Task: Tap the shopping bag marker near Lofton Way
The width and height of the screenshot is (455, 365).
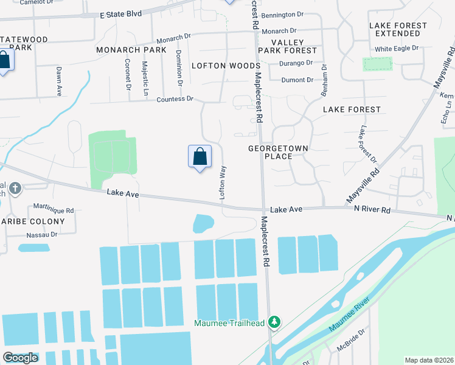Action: pos(200,157)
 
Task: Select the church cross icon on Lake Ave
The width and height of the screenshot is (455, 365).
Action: pos(15,189)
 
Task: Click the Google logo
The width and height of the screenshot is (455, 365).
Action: pos(20,358)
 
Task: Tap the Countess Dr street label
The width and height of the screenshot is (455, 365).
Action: pos(175,99)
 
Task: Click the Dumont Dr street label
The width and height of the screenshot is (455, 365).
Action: pos(297,80)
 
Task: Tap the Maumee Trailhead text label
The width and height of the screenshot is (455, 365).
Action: pos(229,323)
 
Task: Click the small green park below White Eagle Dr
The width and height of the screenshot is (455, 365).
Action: pos(377,64)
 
